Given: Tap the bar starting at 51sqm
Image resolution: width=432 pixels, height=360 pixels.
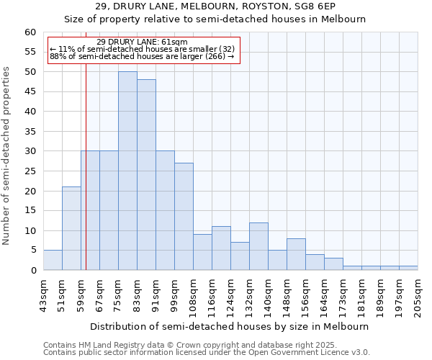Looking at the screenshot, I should point(71,228).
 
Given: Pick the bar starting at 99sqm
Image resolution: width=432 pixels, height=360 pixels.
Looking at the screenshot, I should point(184,217).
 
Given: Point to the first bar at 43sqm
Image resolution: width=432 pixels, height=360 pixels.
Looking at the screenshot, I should point(53,260).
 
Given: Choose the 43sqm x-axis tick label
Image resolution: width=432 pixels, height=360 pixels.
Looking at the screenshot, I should point(43,293).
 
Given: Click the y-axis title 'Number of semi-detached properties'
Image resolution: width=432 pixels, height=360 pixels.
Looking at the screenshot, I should point(6,156).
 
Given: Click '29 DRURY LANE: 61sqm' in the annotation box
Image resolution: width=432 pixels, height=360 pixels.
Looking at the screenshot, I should point(142,42).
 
